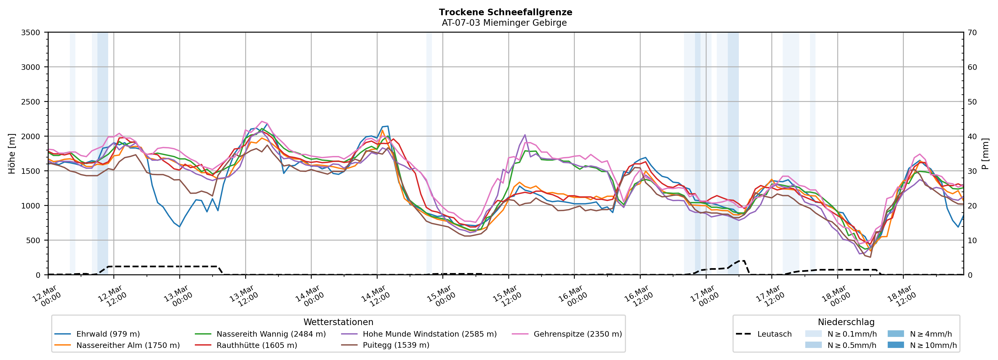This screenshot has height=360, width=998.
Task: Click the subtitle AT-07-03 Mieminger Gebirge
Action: click(x=504, y=23)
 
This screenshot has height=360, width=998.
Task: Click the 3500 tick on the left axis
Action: click(x=31, y=33)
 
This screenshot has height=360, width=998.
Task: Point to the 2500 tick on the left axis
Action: click(x=31, y=102)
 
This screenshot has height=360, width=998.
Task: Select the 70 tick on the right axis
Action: click(x=972, y=33)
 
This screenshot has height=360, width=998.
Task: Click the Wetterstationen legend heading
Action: click(x=338, y=322)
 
